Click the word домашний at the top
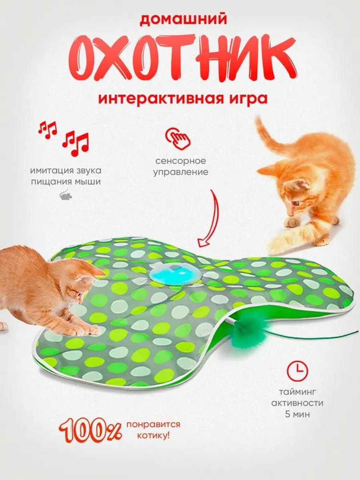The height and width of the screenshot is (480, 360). pos(180,19)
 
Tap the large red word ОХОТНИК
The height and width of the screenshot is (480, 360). pos(180,60)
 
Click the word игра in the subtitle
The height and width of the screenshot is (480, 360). pos(248,98)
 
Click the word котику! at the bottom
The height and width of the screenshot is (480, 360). pos(153,435)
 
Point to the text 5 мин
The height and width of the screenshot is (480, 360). pos(297,414)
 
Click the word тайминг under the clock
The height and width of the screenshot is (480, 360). pos(297,392)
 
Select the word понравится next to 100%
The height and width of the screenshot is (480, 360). pos(153,424)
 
